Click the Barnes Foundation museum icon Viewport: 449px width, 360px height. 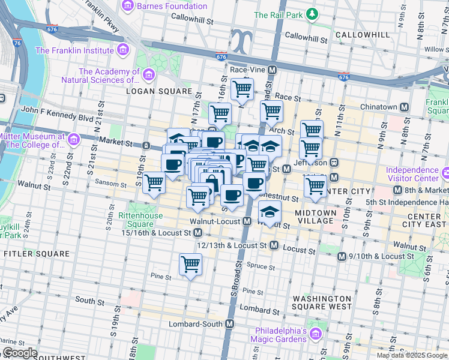click(128, 6)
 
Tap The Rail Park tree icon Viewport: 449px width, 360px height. click(312, 14)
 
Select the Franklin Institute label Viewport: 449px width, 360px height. click(74, 50)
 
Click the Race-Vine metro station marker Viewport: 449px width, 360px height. click(272, 70)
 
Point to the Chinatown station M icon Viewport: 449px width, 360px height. click(405, 107)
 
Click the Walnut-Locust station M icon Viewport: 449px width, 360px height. click(246, 221)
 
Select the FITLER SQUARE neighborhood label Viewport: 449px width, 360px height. click(37, 254)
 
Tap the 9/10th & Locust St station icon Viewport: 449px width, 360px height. click(342, 256)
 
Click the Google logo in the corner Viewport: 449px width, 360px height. click(20, 353)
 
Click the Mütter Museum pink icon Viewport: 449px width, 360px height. click(74, 140)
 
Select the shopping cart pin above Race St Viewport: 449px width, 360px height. click(242, 89)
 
